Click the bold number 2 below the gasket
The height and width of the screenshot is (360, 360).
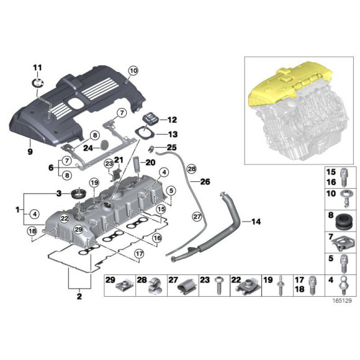tap(79, 297)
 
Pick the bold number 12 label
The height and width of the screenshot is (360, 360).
tap(172, 120)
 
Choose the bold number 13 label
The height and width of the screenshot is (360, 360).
tap(172, 134)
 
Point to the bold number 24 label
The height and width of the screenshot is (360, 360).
tap(88, 148)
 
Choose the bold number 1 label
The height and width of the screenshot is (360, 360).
tap(18, 210)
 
